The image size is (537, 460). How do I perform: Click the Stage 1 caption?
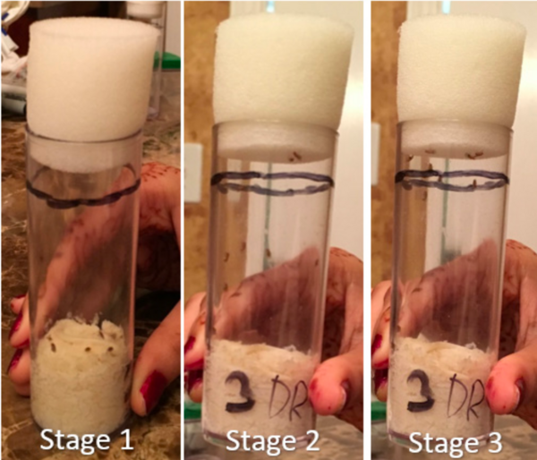[x=86, y=440]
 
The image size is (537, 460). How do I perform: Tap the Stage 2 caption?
[x=272, y=441]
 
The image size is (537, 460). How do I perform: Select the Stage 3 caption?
[x=456, y=441]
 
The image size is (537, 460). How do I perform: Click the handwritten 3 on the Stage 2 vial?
[x=241, y=391]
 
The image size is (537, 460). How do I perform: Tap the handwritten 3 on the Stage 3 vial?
[x=421, y=391]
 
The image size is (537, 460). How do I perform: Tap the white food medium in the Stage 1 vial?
[x=82, y=373]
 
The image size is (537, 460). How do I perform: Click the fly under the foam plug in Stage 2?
[x=294, y=157]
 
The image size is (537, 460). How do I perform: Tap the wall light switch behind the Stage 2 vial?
[x=192, y=173]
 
